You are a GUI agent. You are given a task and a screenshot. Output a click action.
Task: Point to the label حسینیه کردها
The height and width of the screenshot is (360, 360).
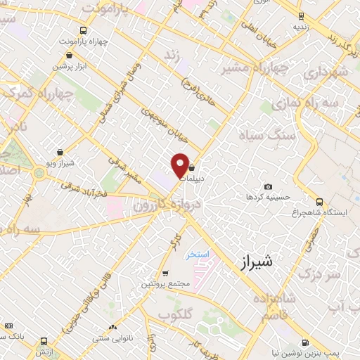point(264,198)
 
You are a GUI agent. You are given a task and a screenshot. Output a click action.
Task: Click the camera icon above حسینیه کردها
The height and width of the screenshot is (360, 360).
point(268,186)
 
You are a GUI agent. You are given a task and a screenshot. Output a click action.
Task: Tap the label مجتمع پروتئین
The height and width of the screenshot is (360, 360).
point(166,284)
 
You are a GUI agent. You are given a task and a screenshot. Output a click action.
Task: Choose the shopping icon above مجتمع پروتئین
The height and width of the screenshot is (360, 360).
point(165,274)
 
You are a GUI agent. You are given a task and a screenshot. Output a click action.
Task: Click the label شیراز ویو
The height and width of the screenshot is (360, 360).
point(60,163)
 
